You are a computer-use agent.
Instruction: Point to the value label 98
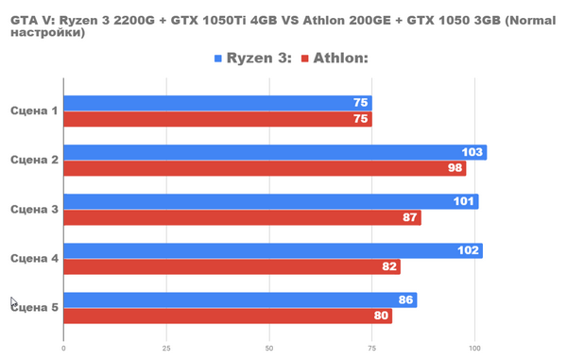click(455, 168)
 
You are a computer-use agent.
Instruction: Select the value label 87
click(410, 218)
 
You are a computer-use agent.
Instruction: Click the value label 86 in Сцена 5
click(405, 300)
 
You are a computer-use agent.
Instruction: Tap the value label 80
click(381, 317)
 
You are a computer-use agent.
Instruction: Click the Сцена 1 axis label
click(34, 111)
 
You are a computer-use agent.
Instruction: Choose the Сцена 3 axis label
click(34, 210)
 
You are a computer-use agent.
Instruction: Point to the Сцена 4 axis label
click(34, 259)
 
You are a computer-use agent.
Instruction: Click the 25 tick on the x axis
click(166, 347)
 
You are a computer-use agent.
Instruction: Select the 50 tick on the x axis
click(269, 347)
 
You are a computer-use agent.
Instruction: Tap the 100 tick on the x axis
click(475, 347)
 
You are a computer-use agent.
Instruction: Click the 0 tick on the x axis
click(63, 347)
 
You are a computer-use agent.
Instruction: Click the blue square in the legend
click(218, 59)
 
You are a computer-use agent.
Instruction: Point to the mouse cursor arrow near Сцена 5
click(13, 302)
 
